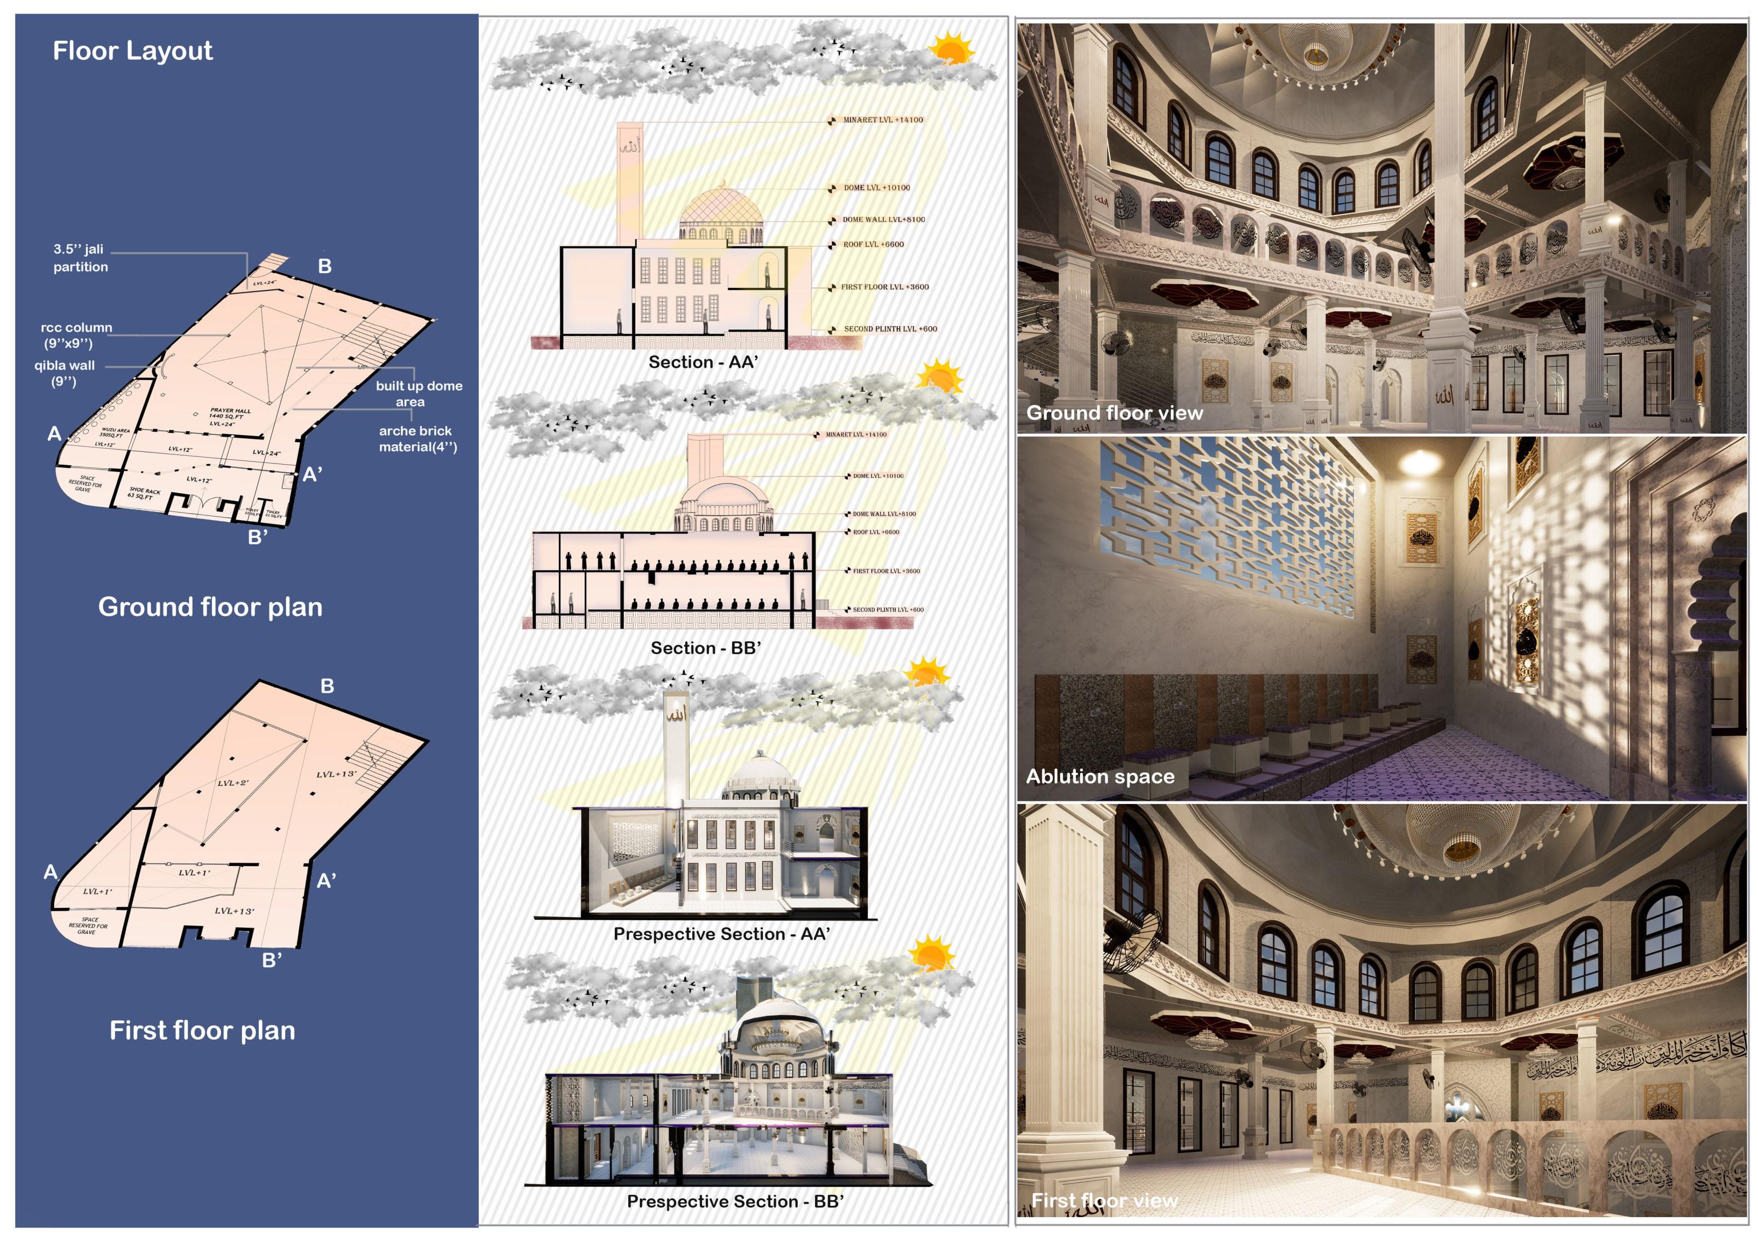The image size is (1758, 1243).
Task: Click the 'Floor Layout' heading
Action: (x=132, y=51)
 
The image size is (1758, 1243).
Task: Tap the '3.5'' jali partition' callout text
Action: (x=80, y=258)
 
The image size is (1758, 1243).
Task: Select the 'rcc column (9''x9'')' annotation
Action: (x=76, y=335)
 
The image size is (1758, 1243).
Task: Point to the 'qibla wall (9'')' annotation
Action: (x=65, y=373)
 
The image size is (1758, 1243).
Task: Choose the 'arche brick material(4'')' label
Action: (x=417, y=438)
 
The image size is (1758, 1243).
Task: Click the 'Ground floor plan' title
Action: (x=210, y=607)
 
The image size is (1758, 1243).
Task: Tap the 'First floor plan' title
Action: (x=202, y=1030)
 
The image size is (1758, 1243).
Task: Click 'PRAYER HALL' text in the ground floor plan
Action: (x=230, y=411)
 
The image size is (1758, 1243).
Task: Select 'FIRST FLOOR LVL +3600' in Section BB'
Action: (x=886, y=571)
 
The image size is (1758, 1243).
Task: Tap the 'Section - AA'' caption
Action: (x=703, y=362)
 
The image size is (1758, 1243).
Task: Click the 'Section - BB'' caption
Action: (x=705, y=648)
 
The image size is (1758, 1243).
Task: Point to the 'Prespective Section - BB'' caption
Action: (x=735, y=1202)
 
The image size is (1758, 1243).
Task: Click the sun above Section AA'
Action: (x=951, y=49)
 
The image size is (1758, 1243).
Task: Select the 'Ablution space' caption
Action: (x=1100, y=776)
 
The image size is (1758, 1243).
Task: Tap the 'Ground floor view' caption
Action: (x=1114, y=413)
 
